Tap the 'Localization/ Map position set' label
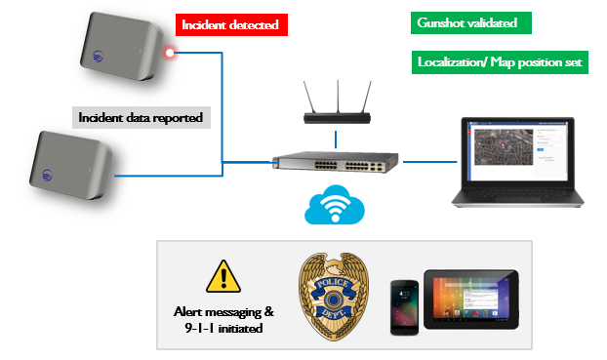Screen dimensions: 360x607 coord(499,62)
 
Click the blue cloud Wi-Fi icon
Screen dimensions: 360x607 coord(334,206)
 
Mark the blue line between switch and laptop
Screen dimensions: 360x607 coord(426,162)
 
